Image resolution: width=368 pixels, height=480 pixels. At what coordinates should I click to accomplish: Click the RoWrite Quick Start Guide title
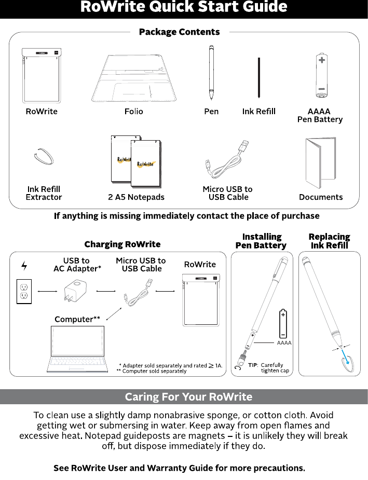[x=184, y=7]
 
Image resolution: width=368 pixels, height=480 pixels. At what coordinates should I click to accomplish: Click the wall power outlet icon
[x=24, y=291]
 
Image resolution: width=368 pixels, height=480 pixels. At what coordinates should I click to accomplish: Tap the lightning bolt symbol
[x=24, y=266]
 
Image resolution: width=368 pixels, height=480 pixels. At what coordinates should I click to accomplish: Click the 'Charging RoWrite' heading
[x=122, y=244]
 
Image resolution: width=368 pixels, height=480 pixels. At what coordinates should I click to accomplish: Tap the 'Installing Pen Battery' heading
[x=261, y=241]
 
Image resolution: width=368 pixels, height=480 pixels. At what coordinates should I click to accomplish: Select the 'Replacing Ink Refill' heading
[x=329, y=241]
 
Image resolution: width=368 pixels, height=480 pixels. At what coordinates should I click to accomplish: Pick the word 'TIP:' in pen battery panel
[x=253, y=365]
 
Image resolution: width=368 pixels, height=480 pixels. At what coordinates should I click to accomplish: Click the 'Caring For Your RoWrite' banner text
[x=188, y=397]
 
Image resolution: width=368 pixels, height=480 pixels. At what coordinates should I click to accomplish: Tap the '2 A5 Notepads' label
[x=135, y=197]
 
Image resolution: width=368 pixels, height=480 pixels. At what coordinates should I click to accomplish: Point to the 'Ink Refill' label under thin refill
[x=258, y=112]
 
